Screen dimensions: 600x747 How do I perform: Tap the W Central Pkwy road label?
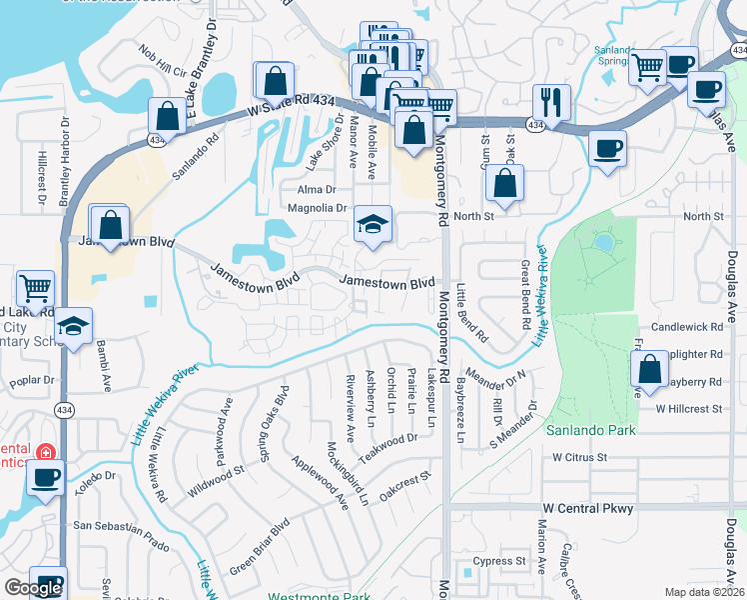coord(588,509)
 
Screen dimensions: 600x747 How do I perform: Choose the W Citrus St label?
coord(581,457)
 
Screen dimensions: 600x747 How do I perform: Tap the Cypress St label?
coord(499,562)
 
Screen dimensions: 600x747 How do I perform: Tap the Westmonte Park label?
coord(312,596)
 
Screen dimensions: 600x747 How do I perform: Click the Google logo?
coord(33,588)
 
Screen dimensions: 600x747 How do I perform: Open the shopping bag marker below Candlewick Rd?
coord(650,369)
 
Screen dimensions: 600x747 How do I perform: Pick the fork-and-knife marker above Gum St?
coord(551,100)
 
